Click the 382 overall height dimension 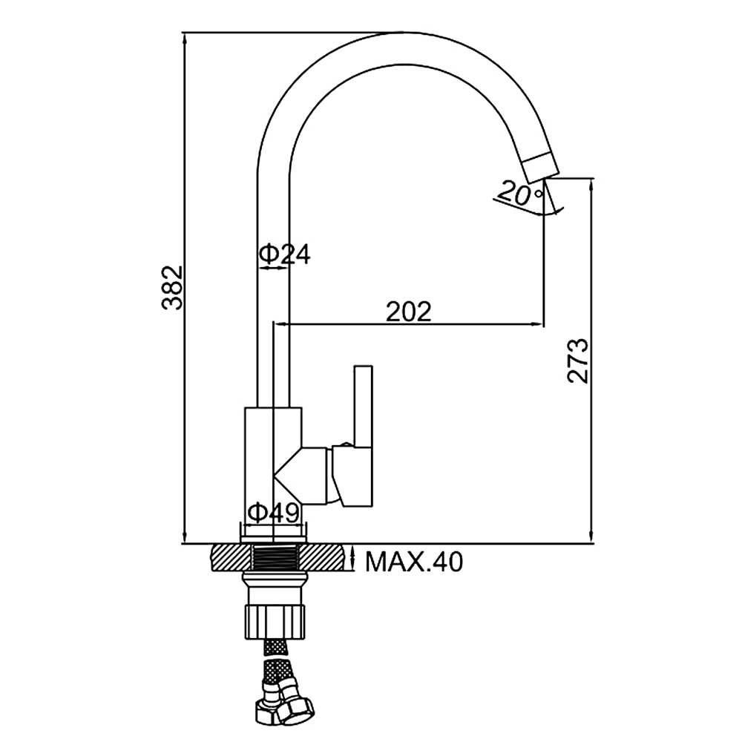[x=172, y=288]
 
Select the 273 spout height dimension [x=577, y=361]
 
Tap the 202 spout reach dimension [x=409, y=312]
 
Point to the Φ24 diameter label [x=285, y=254]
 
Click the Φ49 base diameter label [x=274, y=513]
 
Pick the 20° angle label [x=519, y=193]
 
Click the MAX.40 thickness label [x=415, y=562]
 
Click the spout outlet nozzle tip [x=539, y=168]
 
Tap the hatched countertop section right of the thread [x=325, y=559]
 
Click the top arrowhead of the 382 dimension [x=185, y=39]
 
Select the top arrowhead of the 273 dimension [x=591, y=185]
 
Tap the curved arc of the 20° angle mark [x=530, y=211]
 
